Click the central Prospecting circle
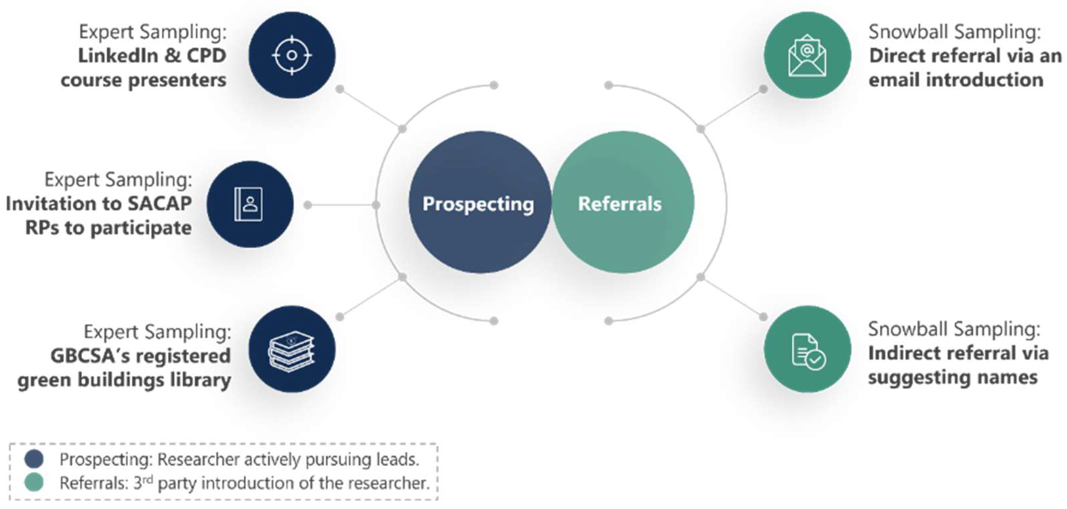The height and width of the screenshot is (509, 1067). point(479,203)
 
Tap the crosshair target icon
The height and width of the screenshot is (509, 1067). point(292,55)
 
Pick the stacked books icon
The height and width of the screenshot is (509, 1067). point(292,349)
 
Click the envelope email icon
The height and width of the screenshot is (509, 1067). point(807,55)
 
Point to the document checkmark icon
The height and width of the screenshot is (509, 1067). point(807,350)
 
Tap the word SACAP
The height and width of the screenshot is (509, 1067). point(159,204)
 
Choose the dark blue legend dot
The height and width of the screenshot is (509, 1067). point(34,459)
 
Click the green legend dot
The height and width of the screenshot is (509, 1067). point(34,482)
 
